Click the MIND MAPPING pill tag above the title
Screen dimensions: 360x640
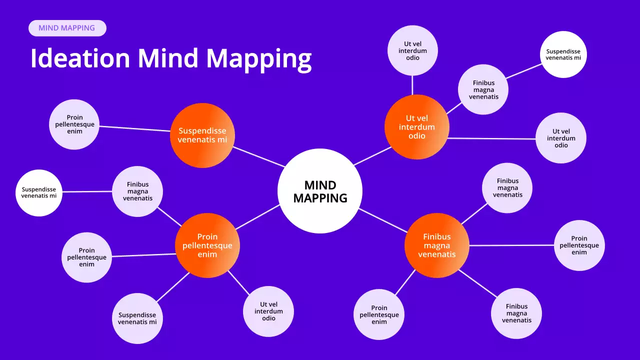click(67, 28)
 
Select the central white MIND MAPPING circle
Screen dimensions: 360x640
click(320, 191)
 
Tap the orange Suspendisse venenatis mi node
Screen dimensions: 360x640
click(202, 135)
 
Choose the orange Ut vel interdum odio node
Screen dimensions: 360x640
click(416, 127)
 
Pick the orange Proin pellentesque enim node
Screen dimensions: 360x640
click(207, 245)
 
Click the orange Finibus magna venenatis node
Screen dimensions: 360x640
click(436, 245)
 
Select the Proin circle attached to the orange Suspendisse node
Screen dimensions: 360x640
click(74, 124)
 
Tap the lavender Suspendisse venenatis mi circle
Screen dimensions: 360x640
click(137, 318)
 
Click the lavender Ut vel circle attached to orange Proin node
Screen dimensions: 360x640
click(268, 311)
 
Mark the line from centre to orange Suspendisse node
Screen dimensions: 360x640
click(259, 156)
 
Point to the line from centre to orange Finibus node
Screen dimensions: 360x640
click(383, 220)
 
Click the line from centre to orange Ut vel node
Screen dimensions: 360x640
click(372, 155)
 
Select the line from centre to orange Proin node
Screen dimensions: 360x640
click(257, 217)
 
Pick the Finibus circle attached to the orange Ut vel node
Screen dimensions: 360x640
click(483, 89)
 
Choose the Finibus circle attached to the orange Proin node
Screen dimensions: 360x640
click(137, 191)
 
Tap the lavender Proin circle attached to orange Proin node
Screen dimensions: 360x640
click(86, 257)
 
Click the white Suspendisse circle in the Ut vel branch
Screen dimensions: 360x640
click(563, 54)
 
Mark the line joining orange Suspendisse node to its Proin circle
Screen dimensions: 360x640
click(135, 128)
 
